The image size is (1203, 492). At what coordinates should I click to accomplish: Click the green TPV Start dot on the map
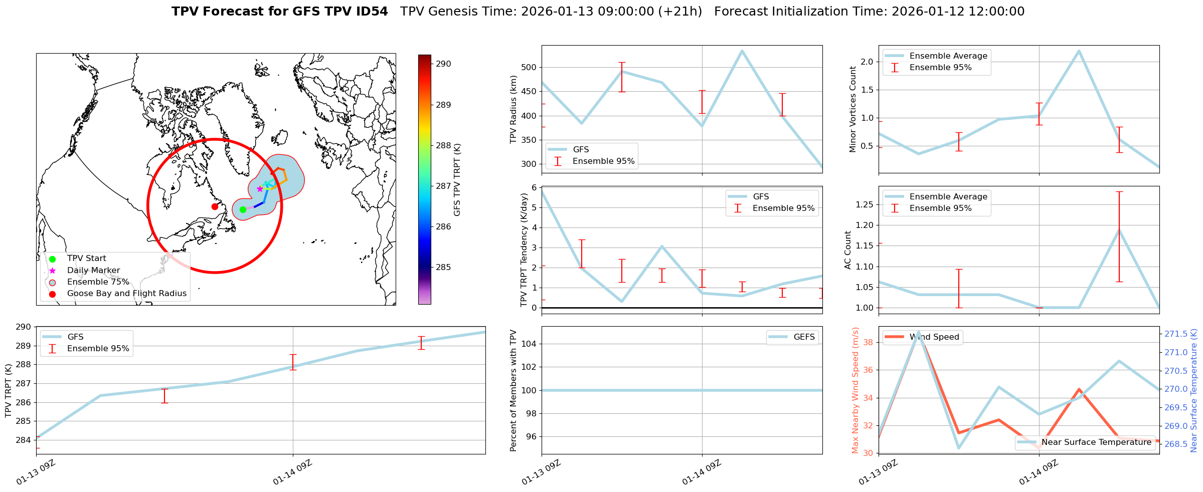pos(243,209)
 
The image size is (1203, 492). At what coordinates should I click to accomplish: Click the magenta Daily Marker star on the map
pos(260,189)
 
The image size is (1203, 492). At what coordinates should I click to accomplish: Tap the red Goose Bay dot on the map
pos(215,206)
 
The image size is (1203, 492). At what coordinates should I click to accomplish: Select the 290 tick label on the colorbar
pos(443,64)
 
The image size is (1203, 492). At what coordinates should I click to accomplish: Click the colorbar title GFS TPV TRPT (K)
pos(457,180)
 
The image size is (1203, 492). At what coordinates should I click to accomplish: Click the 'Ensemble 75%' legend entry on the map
pos(98,282)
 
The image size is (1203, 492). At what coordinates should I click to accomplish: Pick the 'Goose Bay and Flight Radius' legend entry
pos(126,294)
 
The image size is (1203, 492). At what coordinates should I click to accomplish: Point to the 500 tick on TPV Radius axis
pos(530,68)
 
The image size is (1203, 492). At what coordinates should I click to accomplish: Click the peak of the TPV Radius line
pos(742,51)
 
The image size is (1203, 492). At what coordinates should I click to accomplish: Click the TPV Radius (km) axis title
pos(513,109)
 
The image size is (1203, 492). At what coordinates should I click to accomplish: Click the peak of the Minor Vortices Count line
pos(1079,51)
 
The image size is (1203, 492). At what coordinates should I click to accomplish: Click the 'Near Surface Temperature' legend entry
pos(1096,442)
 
